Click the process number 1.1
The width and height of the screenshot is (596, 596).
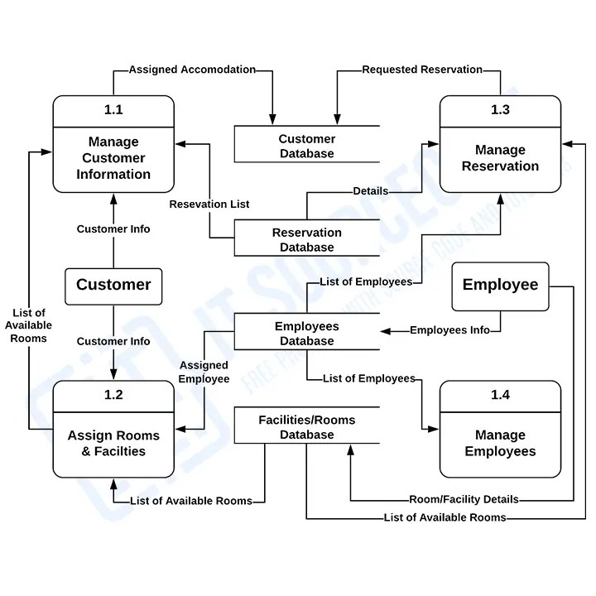[113, 110]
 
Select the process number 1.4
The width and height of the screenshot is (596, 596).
[500, 395]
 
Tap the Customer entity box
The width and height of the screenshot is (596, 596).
[113, 285]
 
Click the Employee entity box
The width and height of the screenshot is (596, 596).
[500, 285]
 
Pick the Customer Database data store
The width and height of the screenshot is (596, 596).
[306, 146]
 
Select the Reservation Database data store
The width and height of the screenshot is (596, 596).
[306, 239]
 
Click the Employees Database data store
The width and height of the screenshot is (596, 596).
[306, 334]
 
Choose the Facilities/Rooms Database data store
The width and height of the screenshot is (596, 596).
[306, 427]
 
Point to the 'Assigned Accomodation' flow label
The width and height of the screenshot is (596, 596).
[192, 70]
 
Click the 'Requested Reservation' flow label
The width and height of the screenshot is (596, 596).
[422, 70]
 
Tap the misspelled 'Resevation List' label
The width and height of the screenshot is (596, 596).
[209, 204]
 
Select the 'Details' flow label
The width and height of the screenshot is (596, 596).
[370, 191]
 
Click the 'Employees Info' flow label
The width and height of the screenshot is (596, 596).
[450, 330]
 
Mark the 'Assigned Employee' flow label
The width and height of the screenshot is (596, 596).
[204, 372]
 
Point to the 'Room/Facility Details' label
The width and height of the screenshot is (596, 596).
[464, 499]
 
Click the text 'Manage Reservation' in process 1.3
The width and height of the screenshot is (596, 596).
[500, 158]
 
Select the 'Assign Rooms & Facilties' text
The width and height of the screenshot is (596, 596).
[113, 444]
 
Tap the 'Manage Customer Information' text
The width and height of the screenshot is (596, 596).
[113, 158]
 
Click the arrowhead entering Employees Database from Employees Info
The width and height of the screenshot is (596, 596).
[385, 331]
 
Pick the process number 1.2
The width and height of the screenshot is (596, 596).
[113, 395]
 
